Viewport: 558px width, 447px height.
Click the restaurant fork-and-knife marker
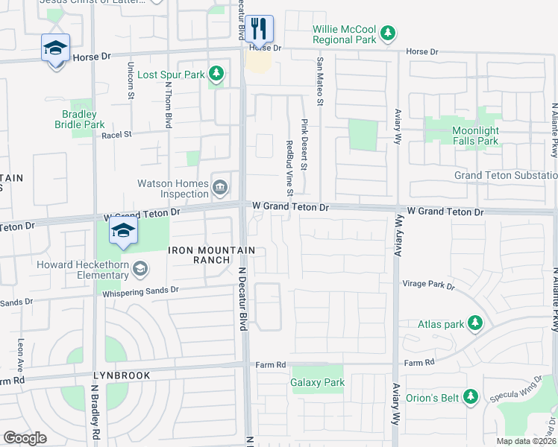click(259, 29)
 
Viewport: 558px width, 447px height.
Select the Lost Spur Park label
click(171, 74)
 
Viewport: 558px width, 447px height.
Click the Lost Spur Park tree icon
click(216, 73)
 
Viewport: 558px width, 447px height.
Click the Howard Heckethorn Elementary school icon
click(139, 267)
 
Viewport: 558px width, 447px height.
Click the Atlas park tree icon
click(474, 323)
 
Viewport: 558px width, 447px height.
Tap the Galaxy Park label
click(318, 383)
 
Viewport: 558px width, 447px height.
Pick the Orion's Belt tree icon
click(470, 396)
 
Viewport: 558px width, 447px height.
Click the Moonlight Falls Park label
click(486, 136)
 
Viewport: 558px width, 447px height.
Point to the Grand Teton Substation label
click(506, 175)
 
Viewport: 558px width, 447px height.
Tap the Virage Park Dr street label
click(428, 285)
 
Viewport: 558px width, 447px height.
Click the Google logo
click(25, 437)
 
